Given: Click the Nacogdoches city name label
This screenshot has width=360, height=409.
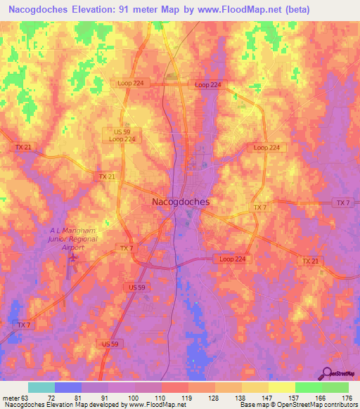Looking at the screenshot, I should click(x=180, y=202).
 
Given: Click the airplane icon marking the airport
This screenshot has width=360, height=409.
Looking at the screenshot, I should click(x=73, y=261).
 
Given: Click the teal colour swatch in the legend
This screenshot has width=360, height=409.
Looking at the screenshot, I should click(x=41, y=387).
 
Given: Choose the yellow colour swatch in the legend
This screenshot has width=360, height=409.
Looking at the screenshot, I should click(x=281, y=387).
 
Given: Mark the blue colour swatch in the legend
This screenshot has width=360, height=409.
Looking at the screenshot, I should click(x=68, y=387).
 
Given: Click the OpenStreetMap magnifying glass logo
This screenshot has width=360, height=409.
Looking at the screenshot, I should click(x=328, y=373).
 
